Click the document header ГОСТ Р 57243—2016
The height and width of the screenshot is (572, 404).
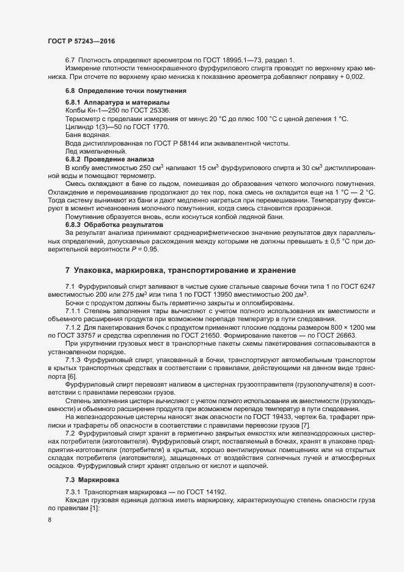tap(81, 41)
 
